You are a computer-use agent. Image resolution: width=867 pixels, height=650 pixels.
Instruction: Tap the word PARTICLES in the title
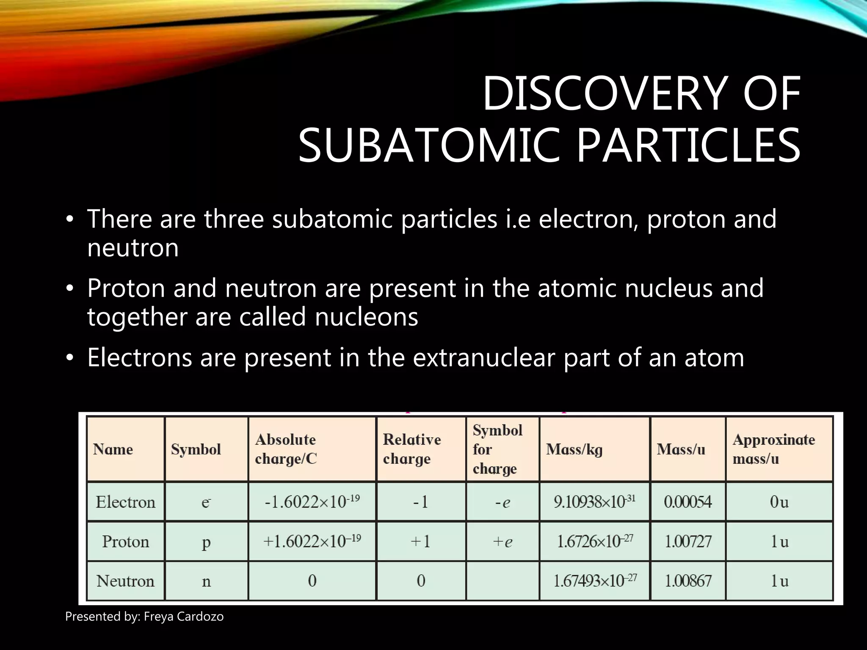coord(688,146)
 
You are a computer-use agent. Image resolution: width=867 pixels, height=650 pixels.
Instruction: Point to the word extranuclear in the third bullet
coord(483,357)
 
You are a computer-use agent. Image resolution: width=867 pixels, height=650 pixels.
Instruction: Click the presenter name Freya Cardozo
coord(183,617)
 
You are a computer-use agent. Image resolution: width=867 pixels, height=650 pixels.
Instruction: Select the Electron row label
coord(125,502)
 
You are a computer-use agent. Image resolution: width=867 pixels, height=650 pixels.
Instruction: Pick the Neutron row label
coord(125,581)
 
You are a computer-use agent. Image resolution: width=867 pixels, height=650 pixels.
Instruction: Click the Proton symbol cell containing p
coord(206,542)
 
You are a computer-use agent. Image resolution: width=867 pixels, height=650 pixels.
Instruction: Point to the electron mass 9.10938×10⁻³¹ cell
coord(594,502)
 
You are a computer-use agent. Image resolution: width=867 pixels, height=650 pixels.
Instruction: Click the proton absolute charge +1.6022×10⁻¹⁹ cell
coord(312,542)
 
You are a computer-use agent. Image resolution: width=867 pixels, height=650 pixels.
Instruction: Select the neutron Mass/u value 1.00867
coord(688,581)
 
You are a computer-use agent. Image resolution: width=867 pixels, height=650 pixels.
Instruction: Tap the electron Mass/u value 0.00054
coord(688,502)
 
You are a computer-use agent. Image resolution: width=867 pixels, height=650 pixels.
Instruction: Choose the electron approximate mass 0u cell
coord(779,502)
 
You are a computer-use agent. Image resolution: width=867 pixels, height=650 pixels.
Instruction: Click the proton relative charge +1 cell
coord(421,542)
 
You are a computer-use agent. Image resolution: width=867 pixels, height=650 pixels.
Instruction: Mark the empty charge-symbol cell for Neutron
coord(503,581)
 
